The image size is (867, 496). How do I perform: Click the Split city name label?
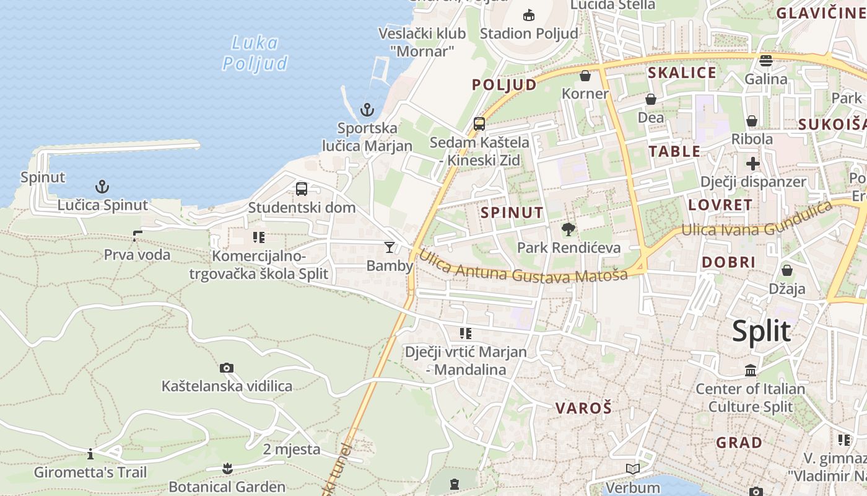click(x=761, y=332)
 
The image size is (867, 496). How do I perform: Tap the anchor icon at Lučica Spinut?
click(x=102, y=186)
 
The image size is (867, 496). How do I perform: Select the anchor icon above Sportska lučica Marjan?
click(x=367, y=110)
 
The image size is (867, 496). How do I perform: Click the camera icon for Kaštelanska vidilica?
click(x=227, y=368)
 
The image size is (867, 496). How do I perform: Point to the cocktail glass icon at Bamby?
click(x=389, y=247)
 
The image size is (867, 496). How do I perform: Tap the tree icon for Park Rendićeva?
click(x=568, y=229)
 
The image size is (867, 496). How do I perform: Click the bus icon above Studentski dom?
click(x=302, y=189)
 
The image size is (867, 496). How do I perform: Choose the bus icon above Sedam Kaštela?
click(x=479, y=124)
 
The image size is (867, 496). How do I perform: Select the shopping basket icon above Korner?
click(x=585, y=76)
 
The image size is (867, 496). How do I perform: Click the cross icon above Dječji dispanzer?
click(x=753, y=164)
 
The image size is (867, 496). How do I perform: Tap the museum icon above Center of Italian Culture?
click(x=751, y=371)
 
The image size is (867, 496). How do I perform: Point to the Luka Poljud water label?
click(x=255, y=53)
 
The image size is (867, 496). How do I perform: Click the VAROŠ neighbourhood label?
click(x=583, y=408)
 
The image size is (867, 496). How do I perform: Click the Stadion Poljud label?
click(x=529, y=33)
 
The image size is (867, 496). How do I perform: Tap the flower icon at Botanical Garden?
click(x=227, y=467)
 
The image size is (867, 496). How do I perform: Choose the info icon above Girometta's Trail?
click(x=90, y=454)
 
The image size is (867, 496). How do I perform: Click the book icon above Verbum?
click(x=632, y=469)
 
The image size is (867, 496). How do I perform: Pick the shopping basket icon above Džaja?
click(x=786, y=270)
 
